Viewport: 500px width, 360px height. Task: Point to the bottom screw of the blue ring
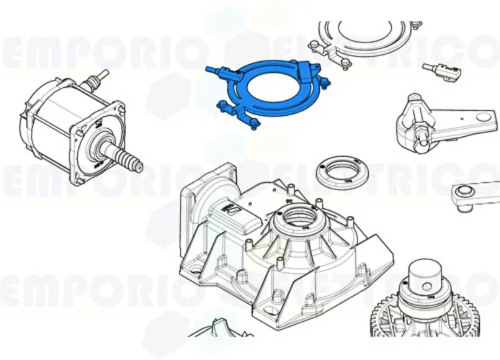(253, 129)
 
